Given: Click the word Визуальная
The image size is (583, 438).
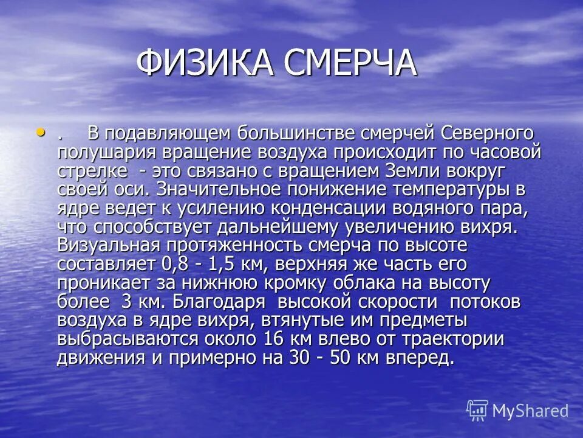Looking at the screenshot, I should (109, 245).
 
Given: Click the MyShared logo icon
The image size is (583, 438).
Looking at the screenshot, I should (477, 410).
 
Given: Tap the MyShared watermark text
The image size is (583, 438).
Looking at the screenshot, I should (530, 411).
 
